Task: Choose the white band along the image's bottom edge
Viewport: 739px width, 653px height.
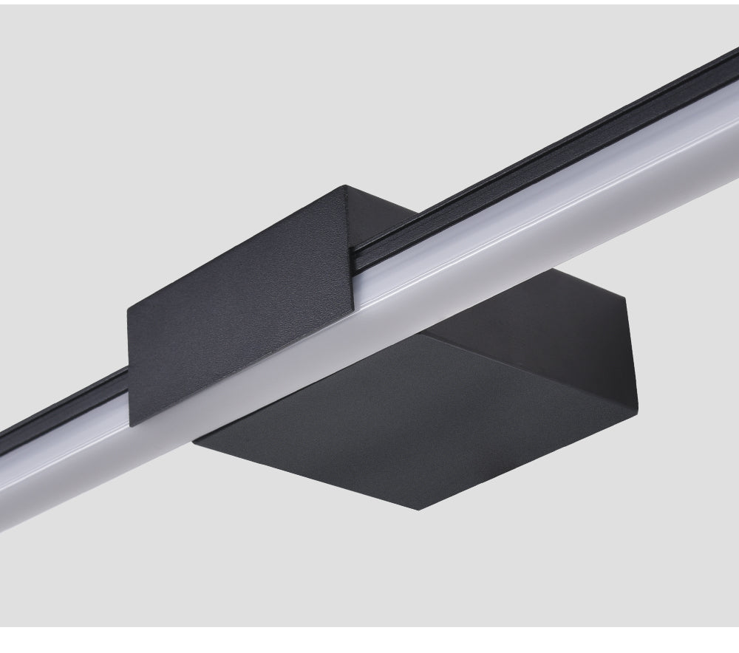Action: pyautogui.click(x=369, y=640)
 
